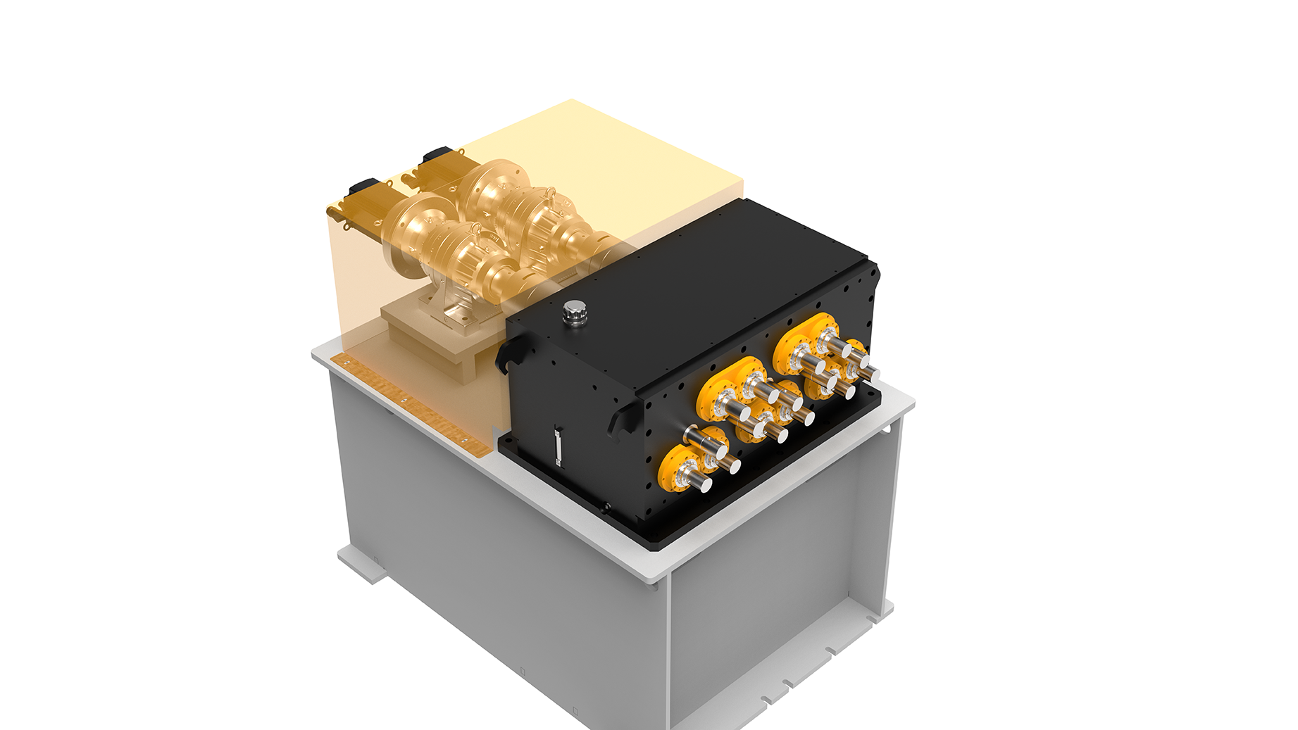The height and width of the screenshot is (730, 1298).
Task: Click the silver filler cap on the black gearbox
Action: coord(575,311)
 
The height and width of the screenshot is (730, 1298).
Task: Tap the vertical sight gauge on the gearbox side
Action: coord(558,445)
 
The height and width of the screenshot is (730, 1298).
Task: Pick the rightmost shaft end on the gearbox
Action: coord(870,374)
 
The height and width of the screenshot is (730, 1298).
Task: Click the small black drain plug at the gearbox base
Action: coord(605,506)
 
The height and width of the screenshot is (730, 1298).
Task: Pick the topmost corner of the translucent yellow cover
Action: coord(571,100)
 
